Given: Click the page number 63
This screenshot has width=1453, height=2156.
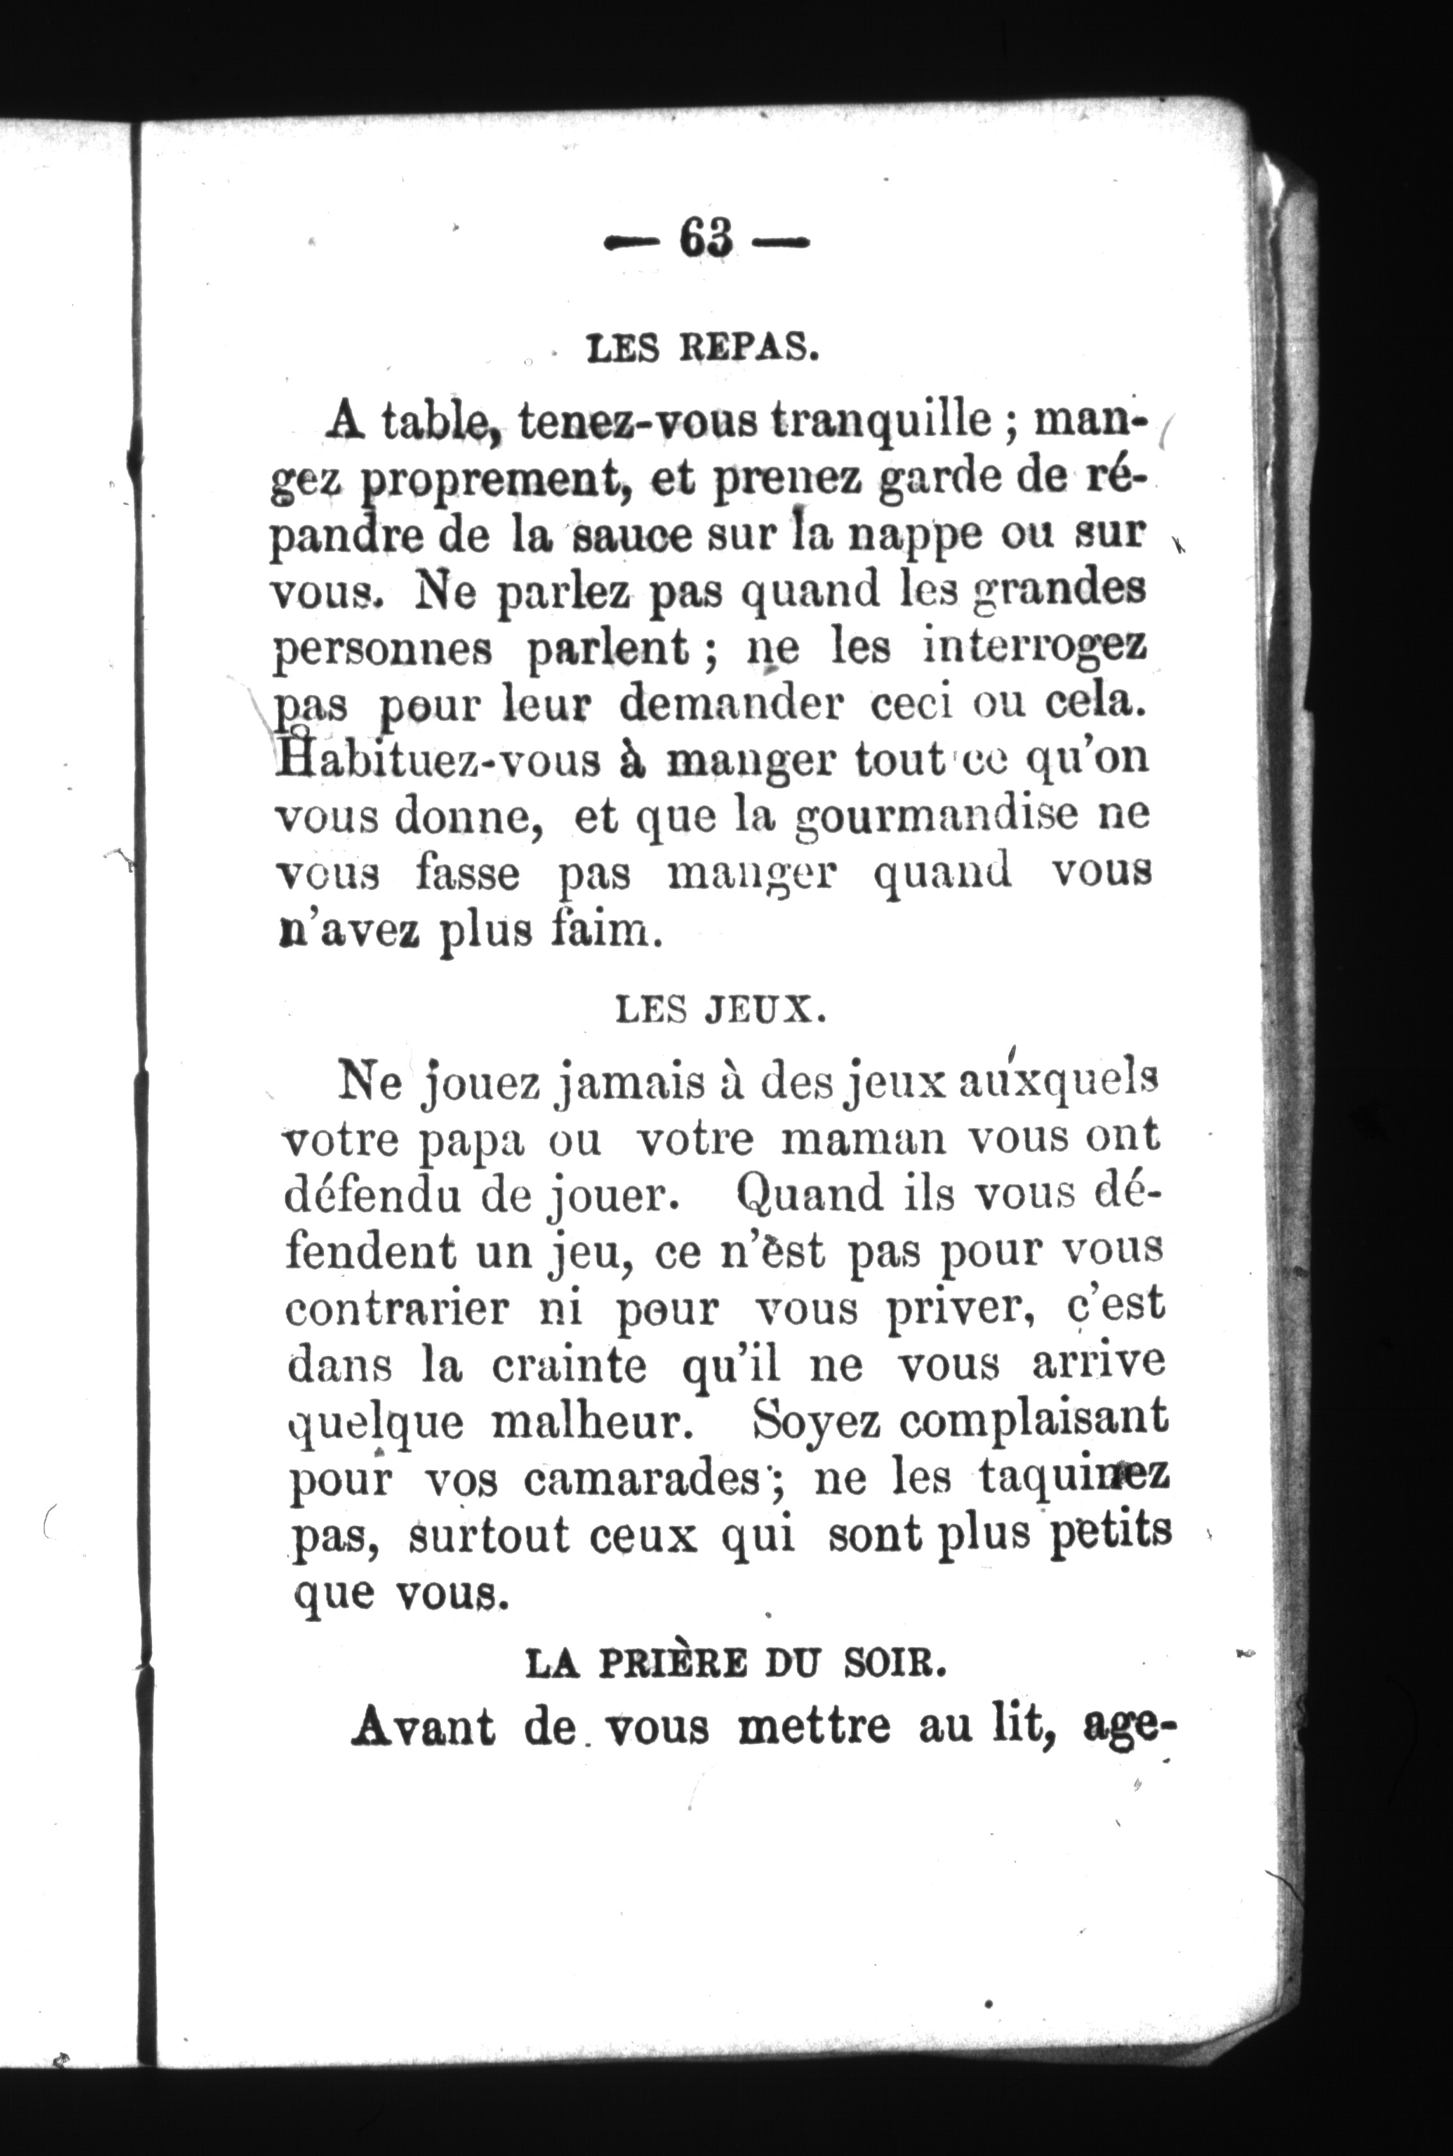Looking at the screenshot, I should [706, 240].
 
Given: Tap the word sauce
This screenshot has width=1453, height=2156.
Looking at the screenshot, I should [635, 536].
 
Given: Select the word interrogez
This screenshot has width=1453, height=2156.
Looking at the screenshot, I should [1035, 647].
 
